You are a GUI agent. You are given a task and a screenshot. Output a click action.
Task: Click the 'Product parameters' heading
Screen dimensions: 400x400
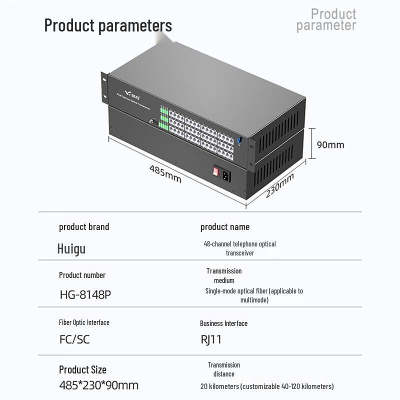click(x=108, y=25)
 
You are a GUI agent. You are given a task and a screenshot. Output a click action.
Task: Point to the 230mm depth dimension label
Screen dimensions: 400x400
click(x=279, y=185)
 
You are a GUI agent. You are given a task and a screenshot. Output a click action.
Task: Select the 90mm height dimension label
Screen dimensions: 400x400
click(x=330, y=145)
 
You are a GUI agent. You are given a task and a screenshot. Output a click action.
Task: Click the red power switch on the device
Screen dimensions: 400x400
click(x=215, y=171)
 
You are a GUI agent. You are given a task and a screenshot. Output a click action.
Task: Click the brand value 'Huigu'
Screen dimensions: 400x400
click(x=71, y=248)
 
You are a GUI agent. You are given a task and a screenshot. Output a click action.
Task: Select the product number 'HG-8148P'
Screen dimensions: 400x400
click(x=84, y=294)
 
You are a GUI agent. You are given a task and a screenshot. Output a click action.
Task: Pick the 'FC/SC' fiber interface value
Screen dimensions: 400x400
click(x=74, y=339)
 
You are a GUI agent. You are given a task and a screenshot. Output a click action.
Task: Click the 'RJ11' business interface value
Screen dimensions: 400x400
click(x=211, y=339)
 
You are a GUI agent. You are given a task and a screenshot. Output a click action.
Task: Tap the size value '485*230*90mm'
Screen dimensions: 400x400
click(x=98, y=385)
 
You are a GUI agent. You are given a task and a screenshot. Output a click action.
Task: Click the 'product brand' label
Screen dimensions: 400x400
click(x=83, y=227)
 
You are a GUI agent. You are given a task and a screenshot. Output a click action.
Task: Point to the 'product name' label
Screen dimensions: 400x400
click(x=224, y=227)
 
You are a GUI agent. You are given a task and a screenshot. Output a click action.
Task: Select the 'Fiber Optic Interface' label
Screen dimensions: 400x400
click(x=83, y=322)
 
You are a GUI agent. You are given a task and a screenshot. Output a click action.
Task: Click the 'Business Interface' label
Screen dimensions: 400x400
click(x=223, y=323)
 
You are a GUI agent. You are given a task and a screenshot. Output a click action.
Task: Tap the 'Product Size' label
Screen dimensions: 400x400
click(x=82, y=369)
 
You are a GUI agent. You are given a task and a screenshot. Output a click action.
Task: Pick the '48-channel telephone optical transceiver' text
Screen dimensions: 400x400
click(x=239, y=248)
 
